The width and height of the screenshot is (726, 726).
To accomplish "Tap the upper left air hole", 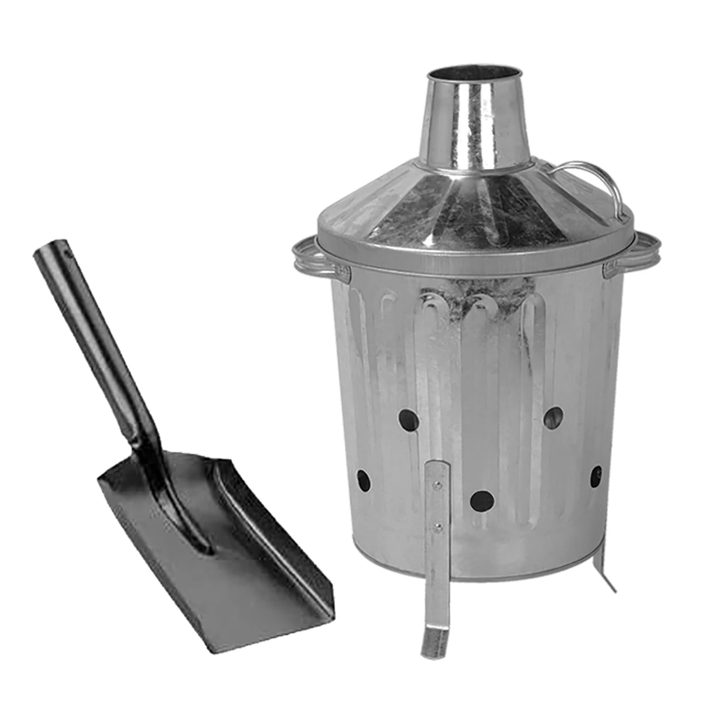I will [408, 420].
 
